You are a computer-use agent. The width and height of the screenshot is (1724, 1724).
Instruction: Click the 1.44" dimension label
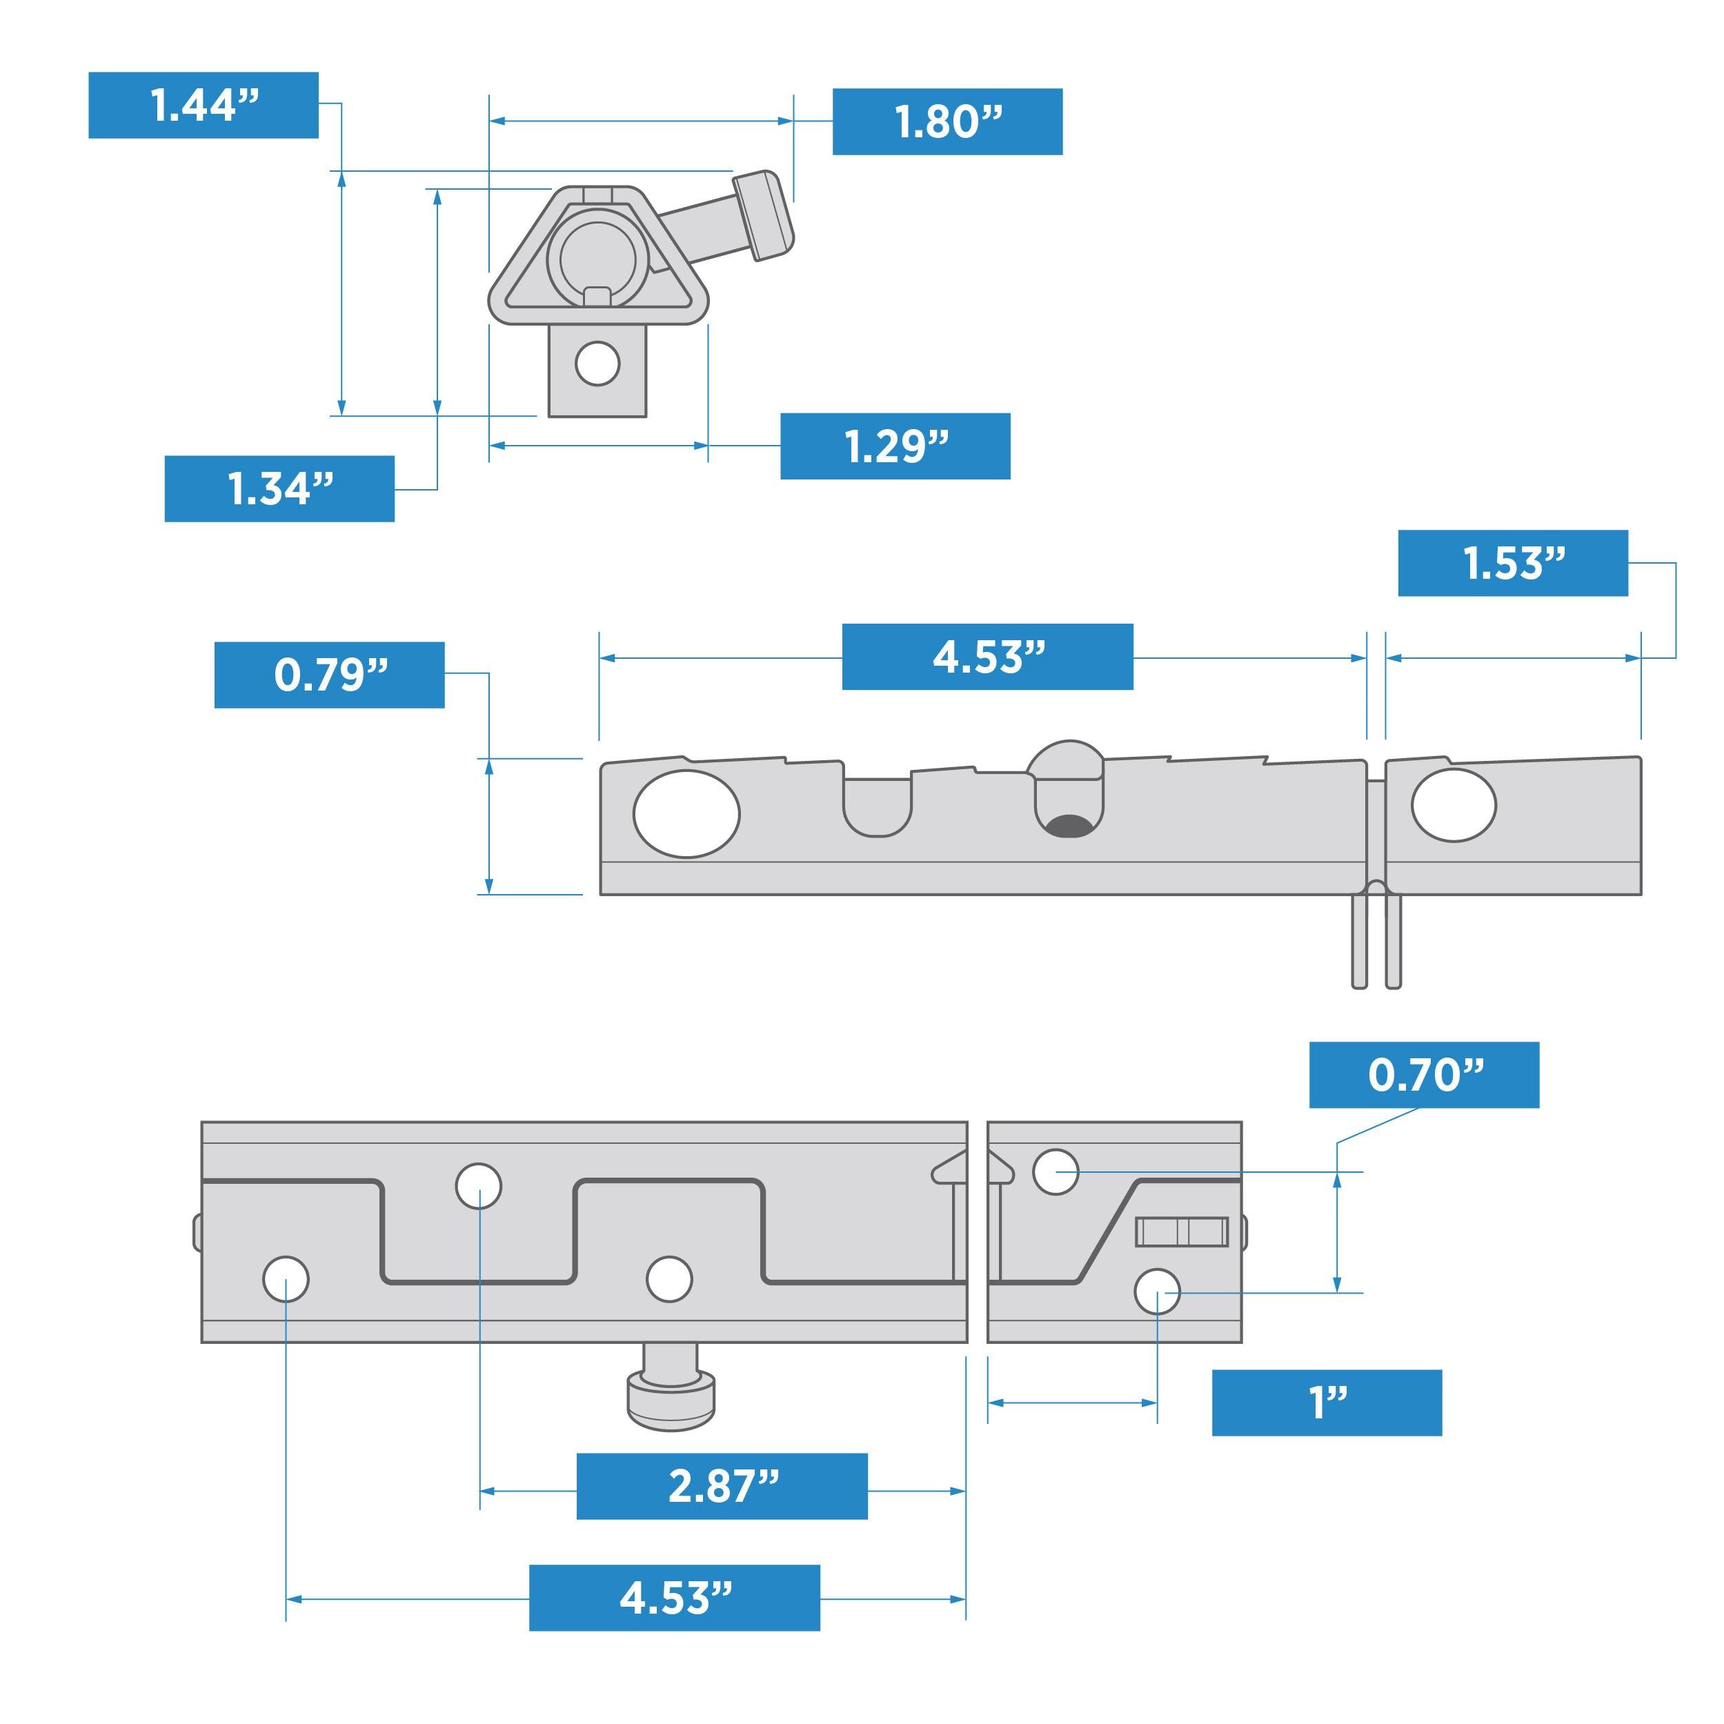pos(204,106)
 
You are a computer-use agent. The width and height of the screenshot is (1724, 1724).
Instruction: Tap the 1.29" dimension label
pos(895,446)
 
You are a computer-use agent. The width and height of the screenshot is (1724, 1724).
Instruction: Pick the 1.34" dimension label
pos(279,489)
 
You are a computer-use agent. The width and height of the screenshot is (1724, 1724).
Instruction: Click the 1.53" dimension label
pos(1512,563)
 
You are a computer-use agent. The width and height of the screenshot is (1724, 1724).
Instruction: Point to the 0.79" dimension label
pos(329,675)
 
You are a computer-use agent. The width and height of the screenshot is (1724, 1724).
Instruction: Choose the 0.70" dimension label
pos(1423,1076)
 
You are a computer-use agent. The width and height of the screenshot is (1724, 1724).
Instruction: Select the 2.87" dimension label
pos(722,1487)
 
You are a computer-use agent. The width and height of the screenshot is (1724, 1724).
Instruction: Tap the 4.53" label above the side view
pos(987,657)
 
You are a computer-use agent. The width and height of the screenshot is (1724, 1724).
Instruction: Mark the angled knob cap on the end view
pos(763,215)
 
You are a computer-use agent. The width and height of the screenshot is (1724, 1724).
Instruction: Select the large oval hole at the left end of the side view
pos(686,814)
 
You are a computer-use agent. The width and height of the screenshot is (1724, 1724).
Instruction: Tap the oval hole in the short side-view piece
pos(1453,805)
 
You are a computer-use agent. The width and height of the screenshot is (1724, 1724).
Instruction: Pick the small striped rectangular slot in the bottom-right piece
pos(1180,1232)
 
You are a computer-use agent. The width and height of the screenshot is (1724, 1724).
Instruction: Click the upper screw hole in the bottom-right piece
pos(1055,1171)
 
